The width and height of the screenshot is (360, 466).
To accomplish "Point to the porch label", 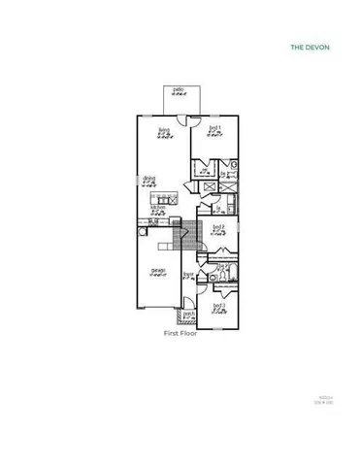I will [x=190, y=315].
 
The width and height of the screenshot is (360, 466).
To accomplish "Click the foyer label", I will [x=189, y=276].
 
